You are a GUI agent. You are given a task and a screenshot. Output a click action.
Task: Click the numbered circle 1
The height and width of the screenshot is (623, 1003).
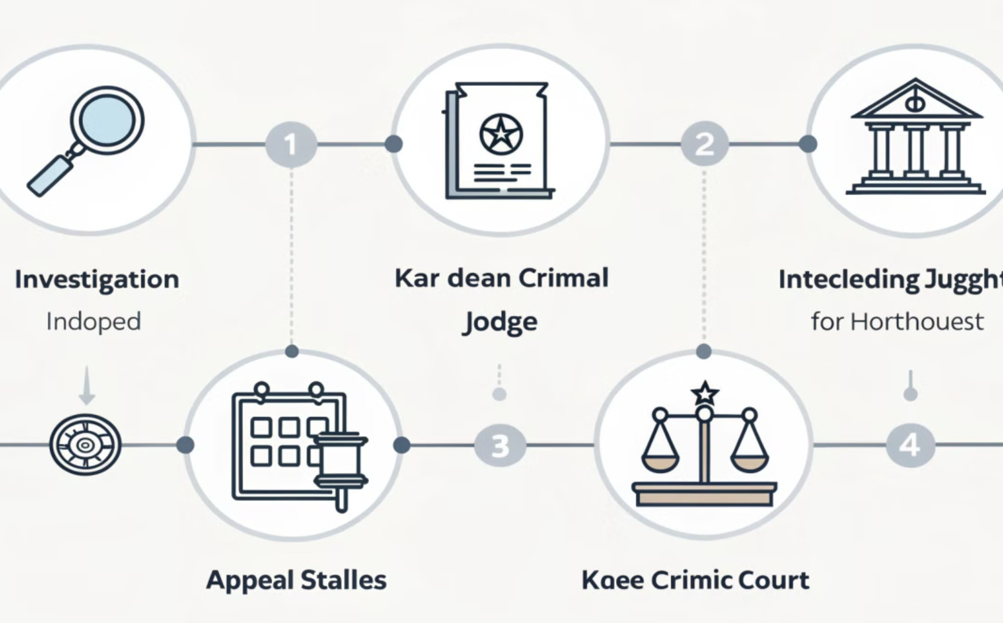(291, 145)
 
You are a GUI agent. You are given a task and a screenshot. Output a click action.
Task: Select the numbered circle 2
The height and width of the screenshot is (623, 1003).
(705, 145)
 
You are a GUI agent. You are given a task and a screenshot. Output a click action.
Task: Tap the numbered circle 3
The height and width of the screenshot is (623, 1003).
(500, 445)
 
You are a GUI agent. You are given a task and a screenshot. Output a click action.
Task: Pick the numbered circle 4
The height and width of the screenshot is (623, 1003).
(910, 445)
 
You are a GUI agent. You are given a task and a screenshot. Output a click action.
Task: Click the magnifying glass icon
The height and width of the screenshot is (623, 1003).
(88, 140)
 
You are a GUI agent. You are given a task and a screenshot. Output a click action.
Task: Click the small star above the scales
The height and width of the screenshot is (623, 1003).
(705, 393)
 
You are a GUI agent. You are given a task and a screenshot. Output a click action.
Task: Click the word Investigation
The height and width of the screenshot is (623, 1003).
(97, 280)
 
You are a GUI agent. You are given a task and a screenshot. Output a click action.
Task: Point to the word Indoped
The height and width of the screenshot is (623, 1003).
(94, 322)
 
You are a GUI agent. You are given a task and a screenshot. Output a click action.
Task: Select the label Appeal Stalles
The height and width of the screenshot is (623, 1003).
(297, 580)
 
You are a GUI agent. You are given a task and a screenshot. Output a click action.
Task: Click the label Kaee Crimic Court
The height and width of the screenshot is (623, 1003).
(695, 580)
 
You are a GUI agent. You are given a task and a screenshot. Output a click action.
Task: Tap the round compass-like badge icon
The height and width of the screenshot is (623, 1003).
(85, 445)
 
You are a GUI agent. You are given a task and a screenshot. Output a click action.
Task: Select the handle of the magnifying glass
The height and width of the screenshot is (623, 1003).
(49, 175)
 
